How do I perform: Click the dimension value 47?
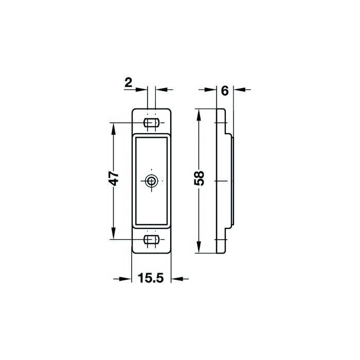pos(114,178)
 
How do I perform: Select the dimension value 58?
pos(199,178)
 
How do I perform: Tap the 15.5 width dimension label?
pos(151,278)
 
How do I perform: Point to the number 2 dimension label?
pos(129,83)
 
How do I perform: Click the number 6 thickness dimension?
pos(225,91)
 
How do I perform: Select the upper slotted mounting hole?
pos(151,122)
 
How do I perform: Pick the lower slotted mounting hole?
pos(151,240)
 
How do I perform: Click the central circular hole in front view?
pos(151,181)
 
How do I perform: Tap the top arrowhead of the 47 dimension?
pos(113,129)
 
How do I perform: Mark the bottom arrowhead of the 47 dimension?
pos(113,233)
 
